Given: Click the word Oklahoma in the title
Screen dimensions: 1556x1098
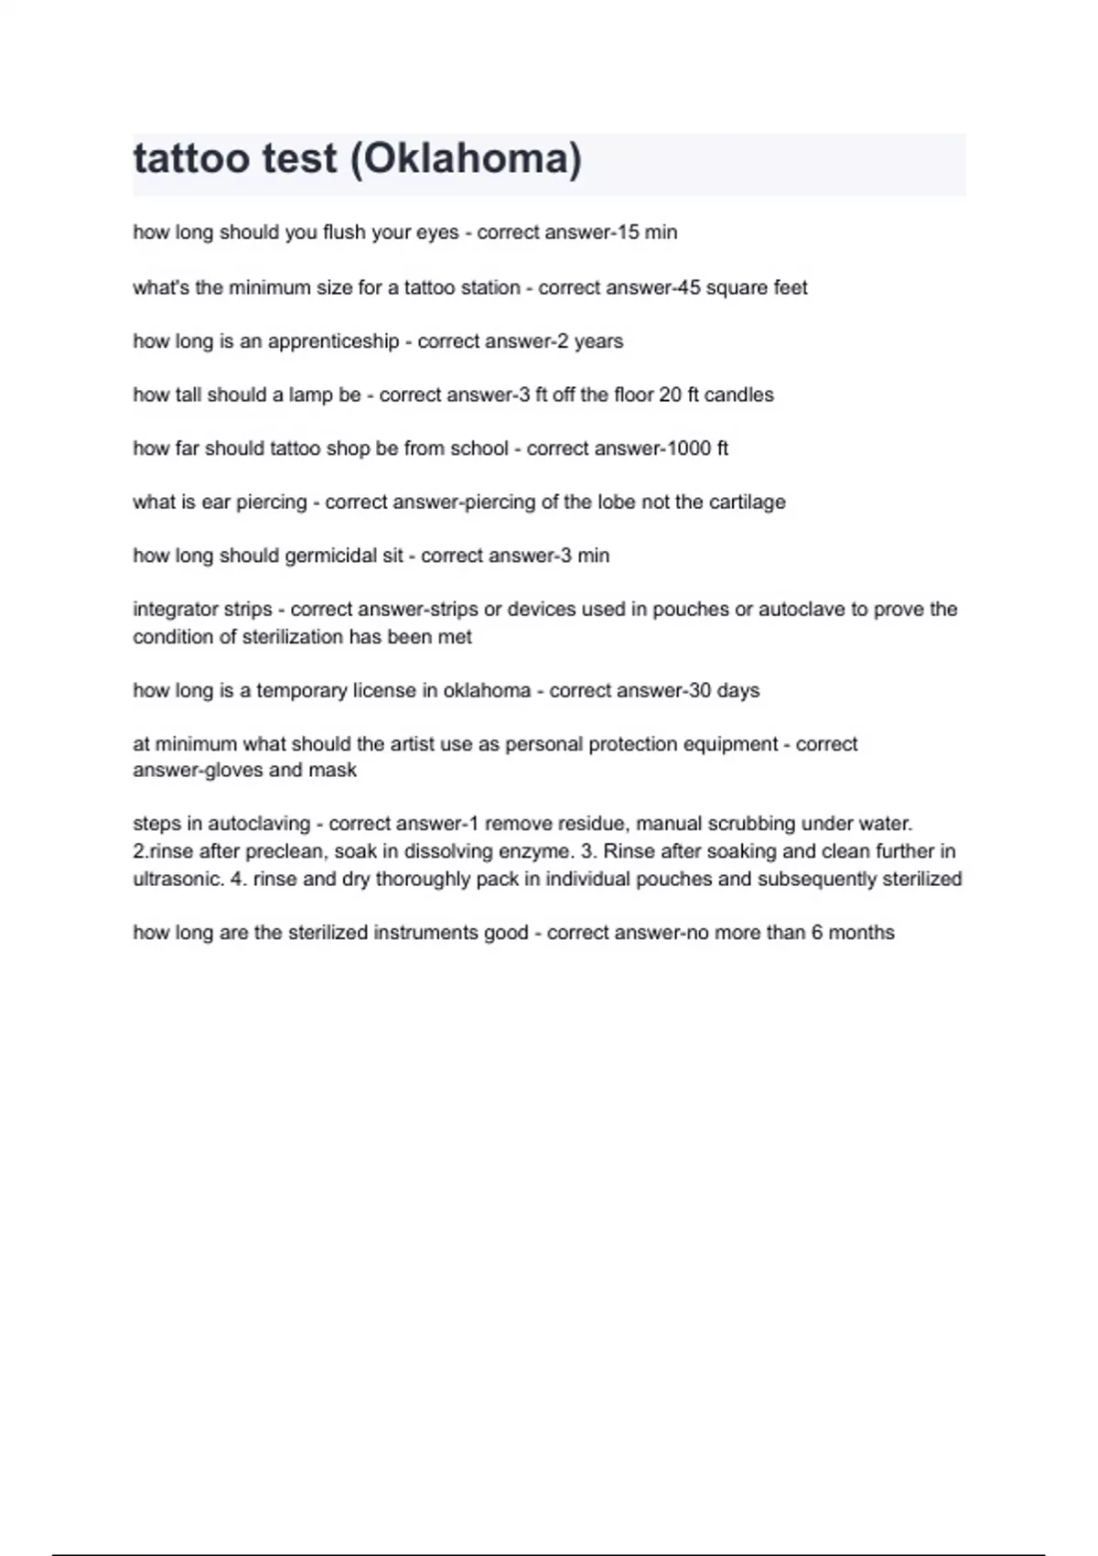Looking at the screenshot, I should (x=467, y=159).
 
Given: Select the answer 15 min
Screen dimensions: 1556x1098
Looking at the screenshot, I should (x=647, y=232).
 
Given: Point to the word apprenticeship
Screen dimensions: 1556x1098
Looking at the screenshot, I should (x=333, y=341).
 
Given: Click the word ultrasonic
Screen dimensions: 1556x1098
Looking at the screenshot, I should (x=175, y=879).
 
